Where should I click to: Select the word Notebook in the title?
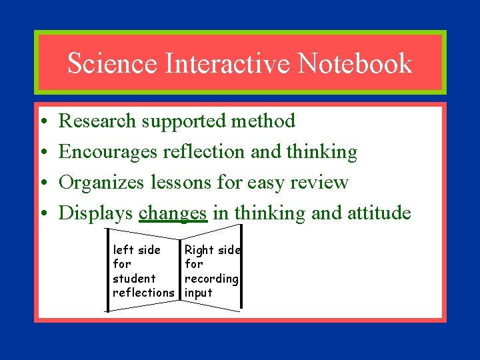pyautogui.click(x=355, y=63)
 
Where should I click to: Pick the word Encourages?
pyautogui.click(x=107, y=152)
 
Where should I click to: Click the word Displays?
pyautogui.click(x=96, y=213)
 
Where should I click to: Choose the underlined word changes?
pyautogui.click(x=173, y=213)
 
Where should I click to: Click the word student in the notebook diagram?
pyautogui.click(x=134, y=278)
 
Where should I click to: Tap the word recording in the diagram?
pyautogui.click(x=211, y=278)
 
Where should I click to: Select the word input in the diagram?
pyautogui.click(x=198, y=293)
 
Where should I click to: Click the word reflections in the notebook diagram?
pyautogui.click(x=143, y=292)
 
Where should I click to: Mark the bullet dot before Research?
pyautogui.click(x=42, y=122)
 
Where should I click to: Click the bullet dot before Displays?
pyautogui.click(x=42, y=214)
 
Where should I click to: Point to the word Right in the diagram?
pyautogui.click(x=199, y=250)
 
